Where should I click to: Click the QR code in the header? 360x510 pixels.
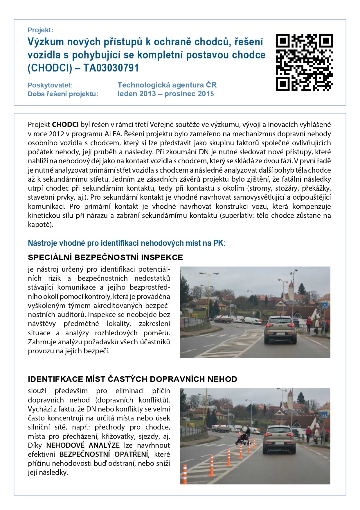(304, 62)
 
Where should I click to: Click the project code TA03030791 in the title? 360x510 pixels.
(111, 68)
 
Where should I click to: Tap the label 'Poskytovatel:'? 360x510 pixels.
(50, 85)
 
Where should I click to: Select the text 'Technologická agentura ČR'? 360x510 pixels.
(167, 85)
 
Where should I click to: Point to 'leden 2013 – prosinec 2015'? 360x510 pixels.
(165, 94)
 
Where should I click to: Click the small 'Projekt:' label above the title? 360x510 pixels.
(40, 30)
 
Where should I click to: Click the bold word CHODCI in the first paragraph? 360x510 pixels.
(65, 125)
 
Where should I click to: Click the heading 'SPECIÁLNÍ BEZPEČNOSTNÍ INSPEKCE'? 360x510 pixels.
(105, 257)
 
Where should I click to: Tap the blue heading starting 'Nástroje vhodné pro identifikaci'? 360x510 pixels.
(127, 243)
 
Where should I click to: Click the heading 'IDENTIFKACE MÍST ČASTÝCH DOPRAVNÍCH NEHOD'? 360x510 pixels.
(132, 379)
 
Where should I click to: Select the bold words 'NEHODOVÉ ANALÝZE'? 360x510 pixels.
(83, 445)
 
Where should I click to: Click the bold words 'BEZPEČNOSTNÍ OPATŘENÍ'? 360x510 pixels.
(104, 454)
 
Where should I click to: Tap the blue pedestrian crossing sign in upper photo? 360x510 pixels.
(325, 305)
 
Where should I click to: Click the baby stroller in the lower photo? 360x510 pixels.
(241, 439)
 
